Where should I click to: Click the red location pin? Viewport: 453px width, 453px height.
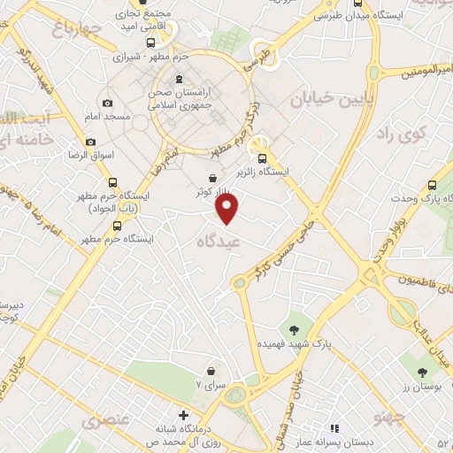click(228, 208)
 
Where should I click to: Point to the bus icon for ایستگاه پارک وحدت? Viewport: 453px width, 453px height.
click(432, 186)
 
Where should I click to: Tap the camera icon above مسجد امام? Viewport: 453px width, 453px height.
click(108, 103)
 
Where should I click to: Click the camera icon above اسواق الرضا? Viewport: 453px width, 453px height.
click(90, 142)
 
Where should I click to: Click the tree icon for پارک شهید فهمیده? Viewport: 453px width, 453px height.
click(295, 328)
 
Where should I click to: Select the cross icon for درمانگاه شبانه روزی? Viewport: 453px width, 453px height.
click(183, 415)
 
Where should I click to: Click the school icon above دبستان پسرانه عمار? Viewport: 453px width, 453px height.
click(334, 427)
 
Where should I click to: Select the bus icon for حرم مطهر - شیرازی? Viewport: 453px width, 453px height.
click(150, 42)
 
